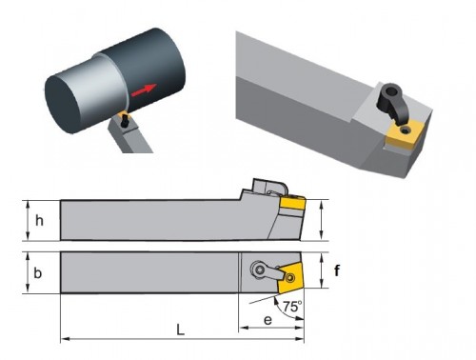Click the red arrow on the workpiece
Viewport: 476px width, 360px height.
click(144, 90)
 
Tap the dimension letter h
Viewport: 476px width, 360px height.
click(39, 220)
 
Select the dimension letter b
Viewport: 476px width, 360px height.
click(37, 272)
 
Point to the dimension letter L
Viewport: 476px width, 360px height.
click(180, 330)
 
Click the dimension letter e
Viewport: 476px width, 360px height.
click(268, 320)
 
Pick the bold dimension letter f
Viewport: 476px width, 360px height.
click(337, 270)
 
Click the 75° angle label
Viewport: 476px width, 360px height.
click(292, 307)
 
